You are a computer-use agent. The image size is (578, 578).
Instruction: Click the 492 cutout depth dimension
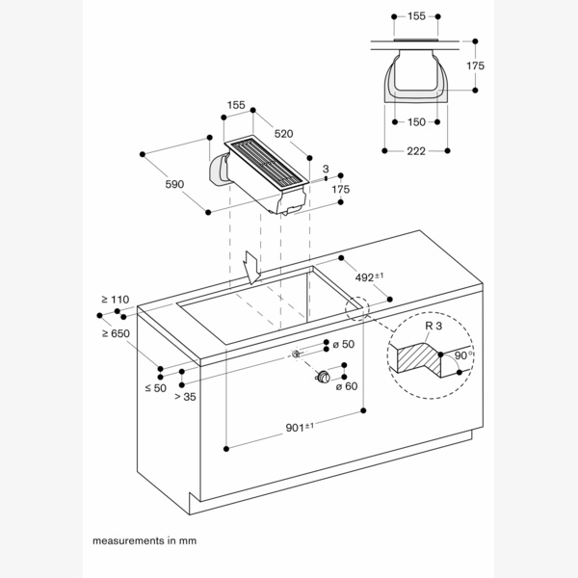pyautogui.click(x=369, y=276)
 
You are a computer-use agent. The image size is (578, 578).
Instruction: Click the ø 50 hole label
pyautogui.click(x=344, y=344)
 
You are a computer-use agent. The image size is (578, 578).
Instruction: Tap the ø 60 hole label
pyautogui.click(x=346, y=386)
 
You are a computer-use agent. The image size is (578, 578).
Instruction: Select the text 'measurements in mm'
pyautogui.click(x=144, y=541)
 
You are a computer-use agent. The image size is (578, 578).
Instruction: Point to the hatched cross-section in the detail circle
pyautogui.click(x=421, y=358)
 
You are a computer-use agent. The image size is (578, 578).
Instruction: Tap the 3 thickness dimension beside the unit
pyautogui.click(x=326, y=170)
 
